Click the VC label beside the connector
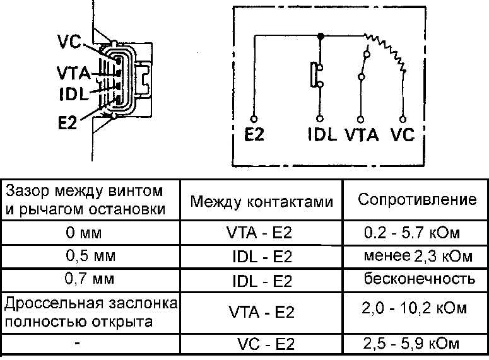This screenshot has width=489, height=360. point(69,42)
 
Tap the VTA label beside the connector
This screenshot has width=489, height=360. point(74,73)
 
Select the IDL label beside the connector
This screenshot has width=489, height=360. point(74,93)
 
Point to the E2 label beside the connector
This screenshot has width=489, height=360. point(68,122)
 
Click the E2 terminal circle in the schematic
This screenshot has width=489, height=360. point(254,119)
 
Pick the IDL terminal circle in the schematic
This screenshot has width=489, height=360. point(320,119)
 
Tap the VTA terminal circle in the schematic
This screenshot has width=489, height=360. point(360,119)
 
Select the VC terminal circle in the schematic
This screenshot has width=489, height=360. point(403,119)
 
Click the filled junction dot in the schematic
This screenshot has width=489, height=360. point(321,36)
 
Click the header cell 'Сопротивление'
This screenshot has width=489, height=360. point(417,199)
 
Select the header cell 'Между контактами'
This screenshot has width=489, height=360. point(262,201)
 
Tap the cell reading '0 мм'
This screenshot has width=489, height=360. point(84,233)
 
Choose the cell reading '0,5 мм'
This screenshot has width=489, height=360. point(90,256)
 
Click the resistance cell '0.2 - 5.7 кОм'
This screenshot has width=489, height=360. point(411,233)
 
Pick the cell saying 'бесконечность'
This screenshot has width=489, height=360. point(420,278)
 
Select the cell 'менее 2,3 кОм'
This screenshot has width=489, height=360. point(418,256)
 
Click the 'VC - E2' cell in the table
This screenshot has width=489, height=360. point(266,344)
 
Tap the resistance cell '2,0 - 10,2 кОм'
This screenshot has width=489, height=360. point(414,308)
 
